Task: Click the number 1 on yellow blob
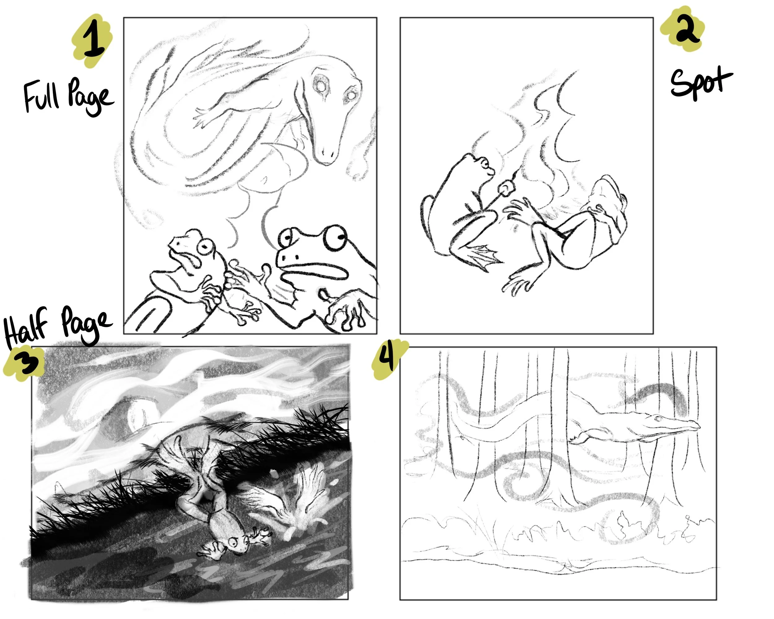[94, 41]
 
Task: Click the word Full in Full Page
[41, 96]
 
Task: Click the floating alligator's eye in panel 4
[658, 418]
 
